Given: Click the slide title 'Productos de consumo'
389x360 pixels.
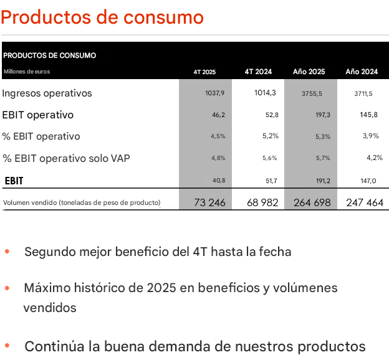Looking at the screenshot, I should (x=102, y=17).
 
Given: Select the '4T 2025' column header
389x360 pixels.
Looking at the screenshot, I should (x=204, y=72).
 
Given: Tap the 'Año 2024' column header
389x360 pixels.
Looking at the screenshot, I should (x=362, y=72).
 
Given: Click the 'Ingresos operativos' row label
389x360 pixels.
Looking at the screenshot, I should (x=47, y=93).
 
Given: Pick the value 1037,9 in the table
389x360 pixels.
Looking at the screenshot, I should (x=214, y=93).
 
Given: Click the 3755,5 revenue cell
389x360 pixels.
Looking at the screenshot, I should (x=312, y=93).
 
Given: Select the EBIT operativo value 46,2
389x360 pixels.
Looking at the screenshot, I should (x=218, y=115).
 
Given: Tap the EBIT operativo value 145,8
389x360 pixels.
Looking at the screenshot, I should (x=368, y=115).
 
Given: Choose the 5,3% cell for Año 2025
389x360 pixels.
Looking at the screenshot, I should (x=323, y=136).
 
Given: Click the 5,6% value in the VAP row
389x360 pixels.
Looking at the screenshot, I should (x=269, y=158).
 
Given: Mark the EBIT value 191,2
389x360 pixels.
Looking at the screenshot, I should (x=322, y=181).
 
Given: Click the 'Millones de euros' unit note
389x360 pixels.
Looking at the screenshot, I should (x=27, y=72).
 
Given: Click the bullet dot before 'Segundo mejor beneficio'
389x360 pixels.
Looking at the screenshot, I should (x=7, y=252).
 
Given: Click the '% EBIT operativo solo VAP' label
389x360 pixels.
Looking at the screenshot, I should (x=70, y=158).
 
